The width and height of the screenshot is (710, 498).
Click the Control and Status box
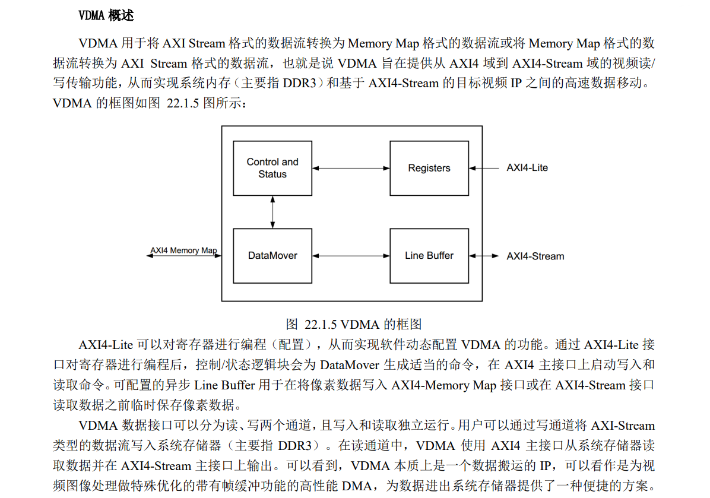[272, 168]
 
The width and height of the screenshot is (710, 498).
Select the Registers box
[429, 168]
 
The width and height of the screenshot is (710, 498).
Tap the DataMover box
[272, 256]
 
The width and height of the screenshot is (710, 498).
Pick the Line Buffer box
[429, 256]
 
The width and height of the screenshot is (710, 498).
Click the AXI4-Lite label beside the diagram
[527, 168]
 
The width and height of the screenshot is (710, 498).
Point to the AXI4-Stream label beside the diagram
[535, 256]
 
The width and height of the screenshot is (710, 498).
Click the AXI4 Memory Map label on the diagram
[183, 250]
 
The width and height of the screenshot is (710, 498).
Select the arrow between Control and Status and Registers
[351, 169]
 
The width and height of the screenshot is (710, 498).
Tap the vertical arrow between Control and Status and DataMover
[272, 212]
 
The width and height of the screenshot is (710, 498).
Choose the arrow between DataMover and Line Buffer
[351, 256]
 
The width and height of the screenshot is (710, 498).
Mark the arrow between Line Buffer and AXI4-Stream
[484, 256]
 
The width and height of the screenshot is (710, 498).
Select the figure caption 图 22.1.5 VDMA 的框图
[354, 324]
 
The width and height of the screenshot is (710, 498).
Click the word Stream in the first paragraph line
[207, 43]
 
